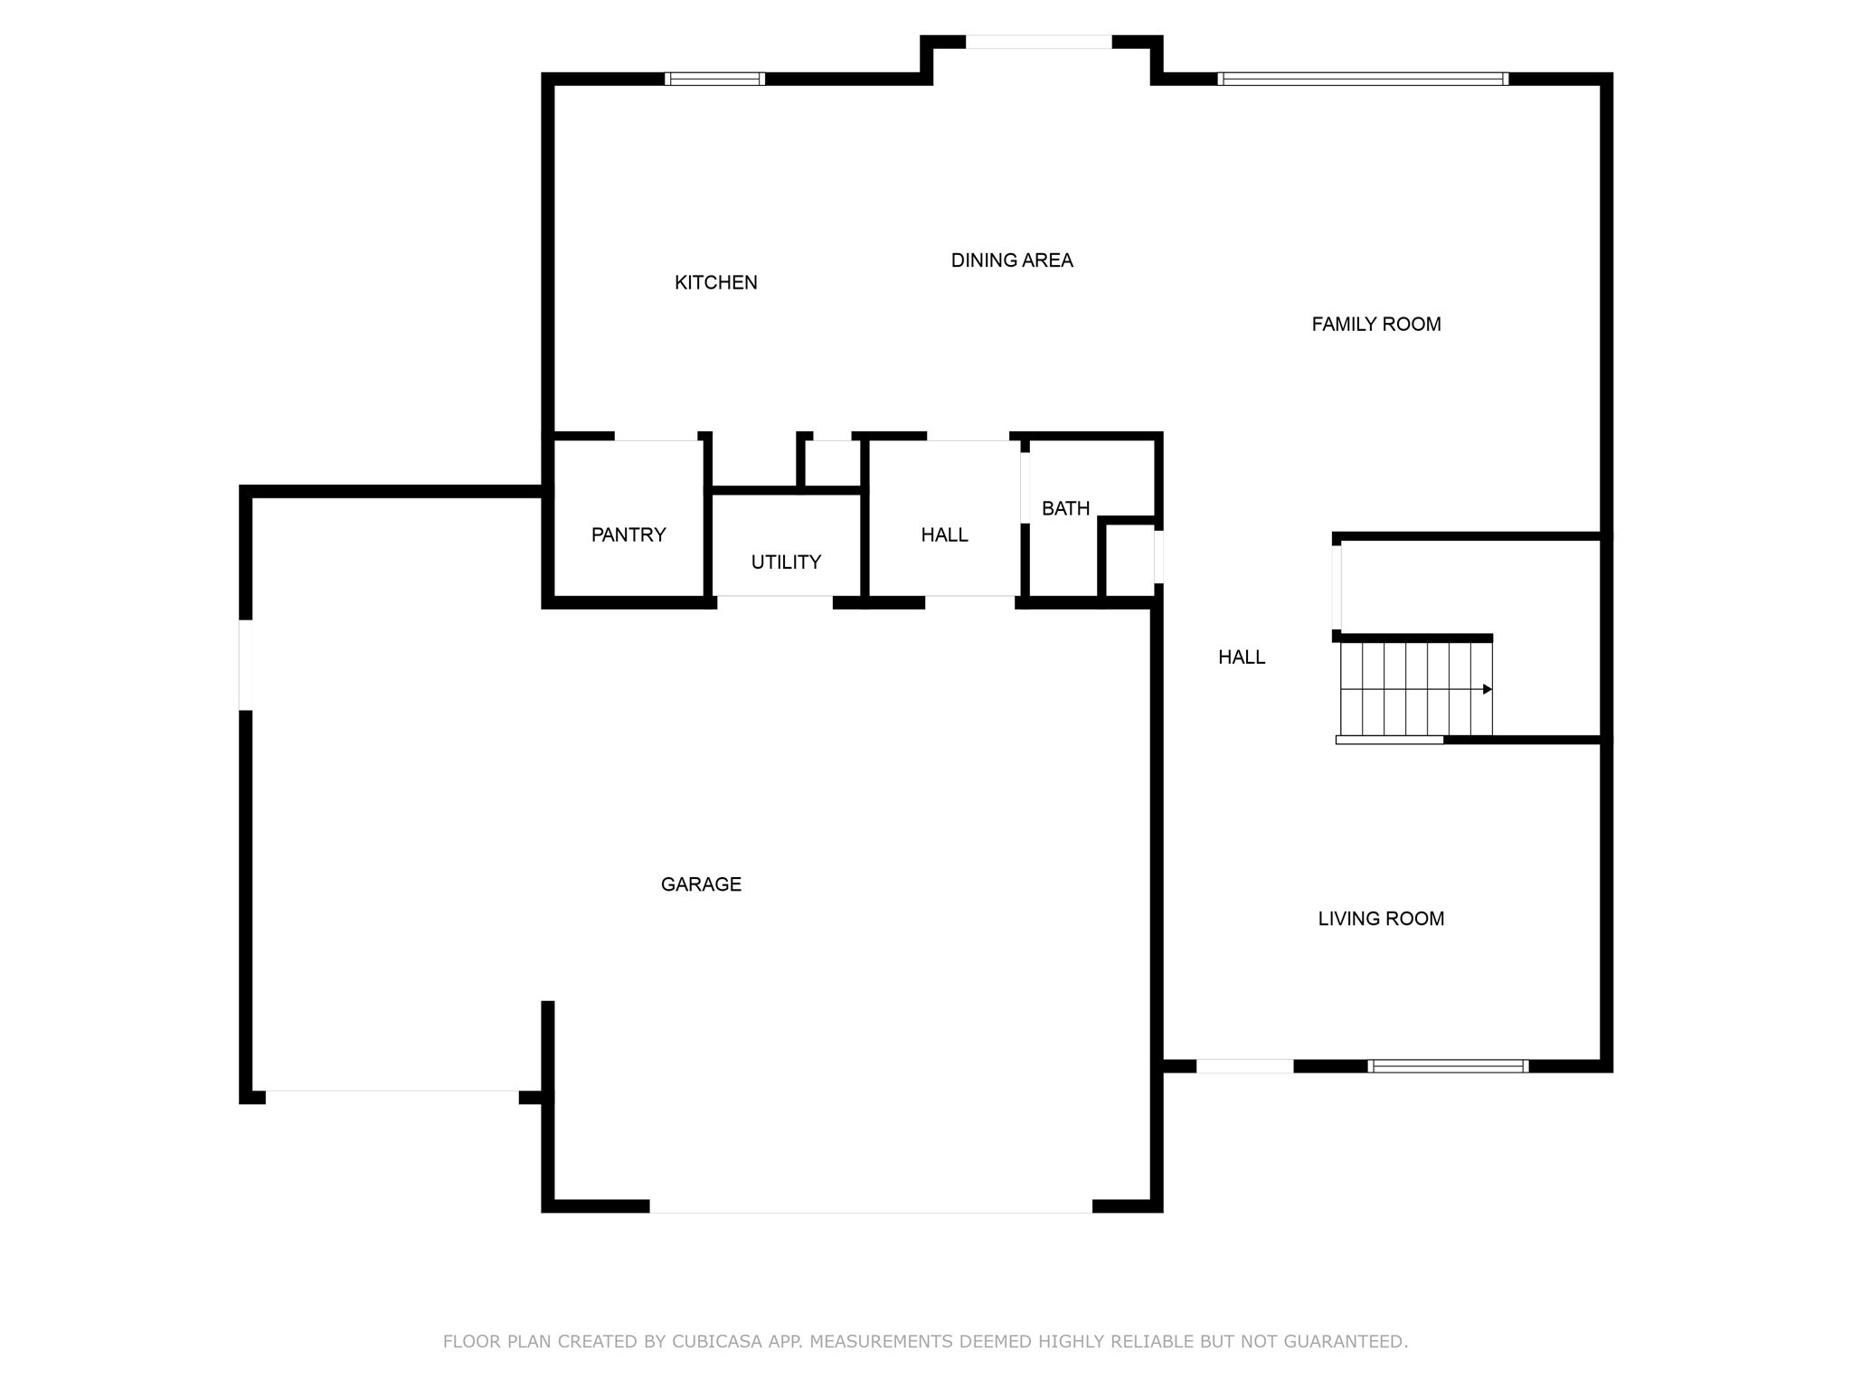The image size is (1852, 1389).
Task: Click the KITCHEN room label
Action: coord(715,283)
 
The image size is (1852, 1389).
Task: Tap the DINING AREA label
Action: coord(1012,260)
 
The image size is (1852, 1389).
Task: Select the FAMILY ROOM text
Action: coord(1376,324)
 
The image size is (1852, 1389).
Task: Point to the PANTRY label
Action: coord(628,534)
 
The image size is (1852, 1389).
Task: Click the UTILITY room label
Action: coord(786,562)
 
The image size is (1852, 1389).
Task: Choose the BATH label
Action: coord(1065,508)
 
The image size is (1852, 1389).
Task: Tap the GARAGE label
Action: coord(701,884)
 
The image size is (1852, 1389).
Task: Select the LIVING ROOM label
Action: coord(1381,919)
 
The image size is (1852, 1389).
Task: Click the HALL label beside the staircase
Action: coord(1242,657)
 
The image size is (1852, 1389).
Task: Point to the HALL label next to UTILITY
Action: coord(944,535)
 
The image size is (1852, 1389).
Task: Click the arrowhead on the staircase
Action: coord(1488,689)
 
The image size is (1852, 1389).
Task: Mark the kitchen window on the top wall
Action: coord(714,79)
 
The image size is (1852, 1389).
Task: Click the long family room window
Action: coord(1363,79)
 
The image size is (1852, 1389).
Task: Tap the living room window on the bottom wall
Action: coord(1448,1066)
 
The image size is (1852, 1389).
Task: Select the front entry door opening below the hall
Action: coord(1245,1066)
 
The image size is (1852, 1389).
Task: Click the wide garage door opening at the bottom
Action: coord(871,1206)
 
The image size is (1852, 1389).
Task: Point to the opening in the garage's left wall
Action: coord(245,665)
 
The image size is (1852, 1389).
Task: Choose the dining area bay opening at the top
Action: coord(1039,42)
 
